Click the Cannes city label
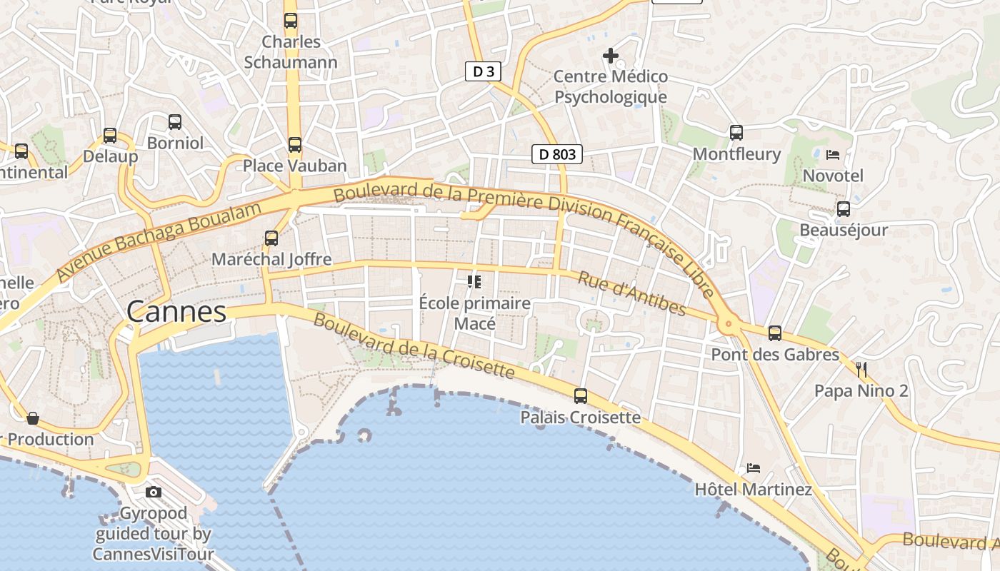[x=176, y=312]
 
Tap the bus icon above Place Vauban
[x=295, y=145]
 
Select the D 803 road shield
[x=557, y=153]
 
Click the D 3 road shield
[x=484, y=71]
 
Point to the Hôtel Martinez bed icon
[x=753, y=468]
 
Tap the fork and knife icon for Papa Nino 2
[x=861, y=369]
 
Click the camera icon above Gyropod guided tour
[x=154, y=492]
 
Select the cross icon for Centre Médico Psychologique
[x=611, y=55]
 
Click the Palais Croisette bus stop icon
[x=581, y=395]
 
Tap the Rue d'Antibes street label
[x=631, y=293]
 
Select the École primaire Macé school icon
[x=474, y=282]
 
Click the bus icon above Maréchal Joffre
[x=271, y=238]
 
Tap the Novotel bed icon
[x=833, y=154]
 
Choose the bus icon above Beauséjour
[x=844, y=209]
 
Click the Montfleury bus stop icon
[x=736, y=132]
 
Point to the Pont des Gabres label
[x=775, y=355]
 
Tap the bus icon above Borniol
[x=175, y=122]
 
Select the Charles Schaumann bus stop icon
[x=291, y=21]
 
